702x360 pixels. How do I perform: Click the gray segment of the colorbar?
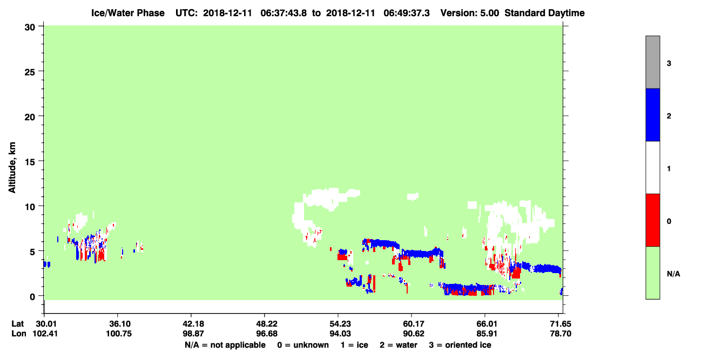[x=652, y=62]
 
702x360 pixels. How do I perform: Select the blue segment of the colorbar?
[x=652, y=114]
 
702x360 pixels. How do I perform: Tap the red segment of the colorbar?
[x=652, y=220]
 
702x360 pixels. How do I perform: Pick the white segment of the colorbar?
[x=652, y=167]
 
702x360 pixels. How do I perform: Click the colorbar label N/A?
[x=673, y=274]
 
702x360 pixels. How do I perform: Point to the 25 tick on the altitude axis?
[x=40, y=71]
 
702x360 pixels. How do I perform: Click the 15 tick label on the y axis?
[x=30, y=161]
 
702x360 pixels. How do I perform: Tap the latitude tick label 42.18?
[x=191, y=324]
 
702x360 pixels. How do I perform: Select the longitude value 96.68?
[x=265, y=334]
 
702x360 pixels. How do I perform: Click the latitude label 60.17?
[x=411, y=324]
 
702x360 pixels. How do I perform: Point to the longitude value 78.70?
[x=561, y=334]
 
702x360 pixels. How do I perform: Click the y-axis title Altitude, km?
[x=12, y=168]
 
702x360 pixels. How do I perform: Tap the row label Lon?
[x=19, y=334]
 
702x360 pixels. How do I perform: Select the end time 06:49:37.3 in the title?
[x=407, y=13]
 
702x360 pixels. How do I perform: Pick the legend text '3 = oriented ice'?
[x=460, y=345]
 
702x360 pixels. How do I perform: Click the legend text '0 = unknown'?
[x=303, y=345]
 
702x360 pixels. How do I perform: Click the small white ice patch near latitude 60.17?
[x=413, y=196]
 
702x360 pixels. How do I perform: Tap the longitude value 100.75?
[x=119, y=334]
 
